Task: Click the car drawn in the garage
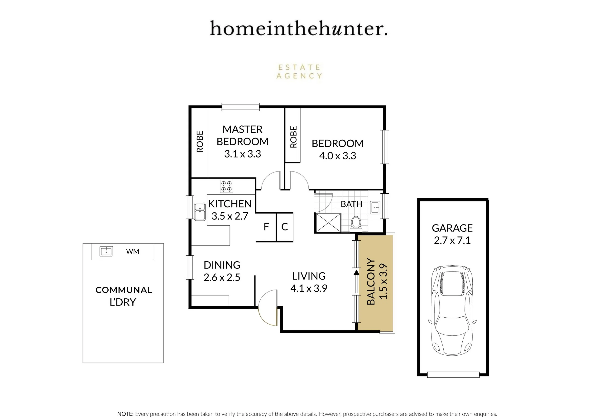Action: [x=452, y=310]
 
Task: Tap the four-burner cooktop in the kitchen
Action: [x=226, y=186]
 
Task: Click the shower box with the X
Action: [x=328, y=223]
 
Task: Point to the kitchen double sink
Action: [x=200, y=212]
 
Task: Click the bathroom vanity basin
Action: [x=375, y=207]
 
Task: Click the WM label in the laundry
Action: [x=133, y=251]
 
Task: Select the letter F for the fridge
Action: [x=266, y=227]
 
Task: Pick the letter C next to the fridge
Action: [x=285, y=227]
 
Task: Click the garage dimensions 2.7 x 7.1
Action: [x=452, y=240]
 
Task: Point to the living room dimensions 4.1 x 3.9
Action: [x=309, y=288]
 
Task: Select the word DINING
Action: [x=222, y=265]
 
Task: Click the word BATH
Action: [x=352, y=204]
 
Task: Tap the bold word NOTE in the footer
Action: [x=125, y=414]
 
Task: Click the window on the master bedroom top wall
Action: [x=241, y=107]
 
